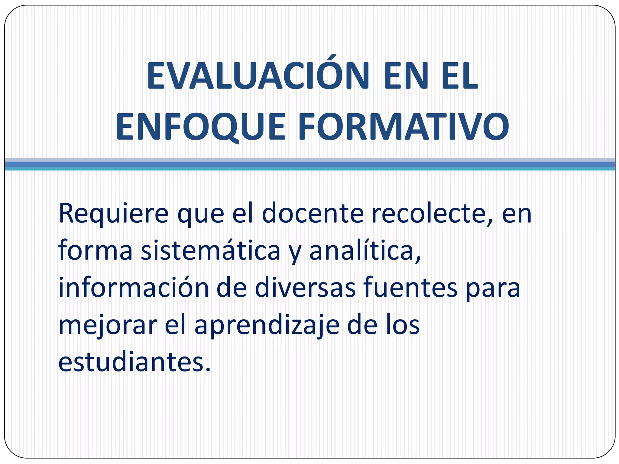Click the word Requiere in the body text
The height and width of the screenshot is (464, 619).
113,214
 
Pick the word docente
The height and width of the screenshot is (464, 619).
313,214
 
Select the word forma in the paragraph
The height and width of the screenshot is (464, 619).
95,251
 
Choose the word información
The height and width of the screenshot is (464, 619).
133,288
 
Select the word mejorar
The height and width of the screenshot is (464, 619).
108,326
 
